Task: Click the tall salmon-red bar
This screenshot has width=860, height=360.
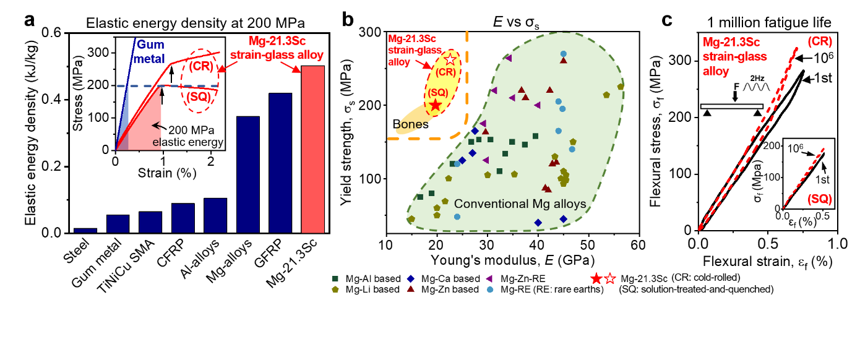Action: point(312,149)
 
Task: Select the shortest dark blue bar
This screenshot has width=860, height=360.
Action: point(85,230)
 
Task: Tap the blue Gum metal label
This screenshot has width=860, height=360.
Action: point(150,52)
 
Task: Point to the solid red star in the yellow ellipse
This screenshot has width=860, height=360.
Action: point(436,106)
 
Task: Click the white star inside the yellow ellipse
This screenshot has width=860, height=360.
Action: point(450,60)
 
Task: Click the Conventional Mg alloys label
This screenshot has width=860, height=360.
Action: point(520,204)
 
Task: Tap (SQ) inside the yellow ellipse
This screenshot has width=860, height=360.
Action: point(438,92)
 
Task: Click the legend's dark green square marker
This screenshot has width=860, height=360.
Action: point(335,279)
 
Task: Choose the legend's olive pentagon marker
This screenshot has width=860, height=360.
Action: point(335,289)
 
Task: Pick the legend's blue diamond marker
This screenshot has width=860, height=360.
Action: point(410,279)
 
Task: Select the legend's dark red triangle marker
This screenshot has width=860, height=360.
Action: point(410,289)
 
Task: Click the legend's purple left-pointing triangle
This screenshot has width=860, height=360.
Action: point(489,279)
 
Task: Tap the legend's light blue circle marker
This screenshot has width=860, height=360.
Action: point(490,289)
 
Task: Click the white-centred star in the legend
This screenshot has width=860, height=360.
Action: point(610,279)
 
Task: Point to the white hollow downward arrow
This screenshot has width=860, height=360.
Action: point(735,96)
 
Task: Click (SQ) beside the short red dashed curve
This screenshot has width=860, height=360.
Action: point(820,199)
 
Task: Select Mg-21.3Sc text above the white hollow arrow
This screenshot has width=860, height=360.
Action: point(731,43)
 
